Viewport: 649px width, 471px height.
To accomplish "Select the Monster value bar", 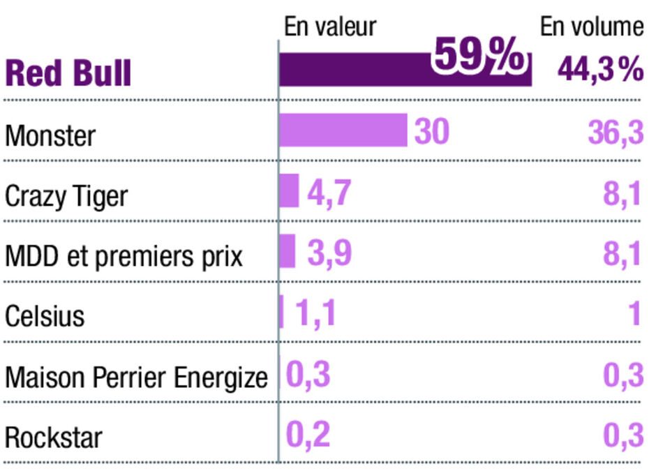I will point(343,130).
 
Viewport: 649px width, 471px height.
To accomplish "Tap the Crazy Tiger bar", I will point(289,191).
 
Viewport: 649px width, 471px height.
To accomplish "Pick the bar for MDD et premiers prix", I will point(288,251).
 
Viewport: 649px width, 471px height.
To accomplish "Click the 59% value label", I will point(478,56).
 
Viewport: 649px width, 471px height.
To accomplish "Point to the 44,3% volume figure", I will point(600,70).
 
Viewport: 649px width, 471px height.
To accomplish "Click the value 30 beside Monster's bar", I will point(431,131).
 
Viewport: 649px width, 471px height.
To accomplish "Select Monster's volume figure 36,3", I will point(615,131).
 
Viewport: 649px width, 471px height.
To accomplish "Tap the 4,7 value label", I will point(328,192).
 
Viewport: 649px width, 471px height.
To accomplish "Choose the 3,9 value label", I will point(329,252).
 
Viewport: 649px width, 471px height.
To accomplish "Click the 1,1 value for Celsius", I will point(315,313).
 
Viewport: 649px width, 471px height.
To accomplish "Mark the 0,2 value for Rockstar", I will point(308,435).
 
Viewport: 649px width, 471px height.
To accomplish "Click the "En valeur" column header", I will point(330,27).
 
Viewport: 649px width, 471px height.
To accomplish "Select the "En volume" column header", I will point(591,27).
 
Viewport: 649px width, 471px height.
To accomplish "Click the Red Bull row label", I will point(68,73).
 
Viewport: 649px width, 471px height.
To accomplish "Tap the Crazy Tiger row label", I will point(66,197).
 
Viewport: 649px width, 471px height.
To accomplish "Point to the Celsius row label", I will point(45,316).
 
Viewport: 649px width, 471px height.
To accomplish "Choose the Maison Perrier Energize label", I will point(136,377).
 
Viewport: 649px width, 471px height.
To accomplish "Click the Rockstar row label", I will point(54,438).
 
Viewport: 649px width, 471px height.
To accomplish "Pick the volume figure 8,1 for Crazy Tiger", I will point(622,193).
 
